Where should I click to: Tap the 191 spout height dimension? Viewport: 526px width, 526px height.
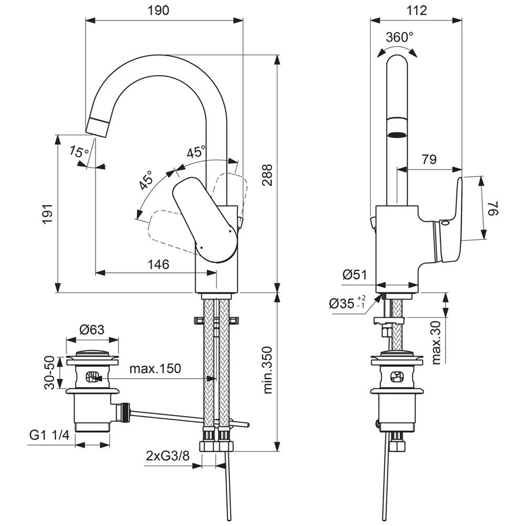pos(47,214)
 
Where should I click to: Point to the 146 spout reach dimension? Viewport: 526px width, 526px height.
pos(158,264)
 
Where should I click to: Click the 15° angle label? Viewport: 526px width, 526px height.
pos(79,152)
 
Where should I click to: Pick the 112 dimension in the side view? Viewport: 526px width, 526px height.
pos(417,11)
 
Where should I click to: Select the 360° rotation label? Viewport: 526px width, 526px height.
pos(399,37)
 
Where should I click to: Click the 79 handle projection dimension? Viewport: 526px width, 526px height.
pos(429,160)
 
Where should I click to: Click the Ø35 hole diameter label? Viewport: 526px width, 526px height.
pos(347,304)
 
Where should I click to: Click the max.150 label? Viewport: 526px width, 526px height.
pos(155,368)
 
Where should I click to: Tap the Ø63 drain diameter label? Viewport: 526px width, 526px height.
pos(92,330)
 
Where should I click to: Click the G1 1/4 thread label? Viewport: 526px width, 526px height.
pos(49,435)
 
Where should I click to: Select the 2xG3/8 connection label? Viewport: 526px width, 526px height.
pos(167,456)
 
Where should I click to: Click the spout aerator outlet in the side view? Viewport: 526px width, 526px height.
pos(397,135)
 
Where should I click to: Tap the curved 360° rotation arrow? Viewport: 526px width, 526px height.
pos(398,49)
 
